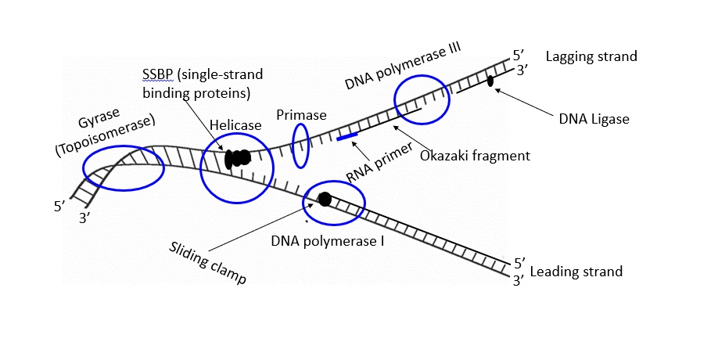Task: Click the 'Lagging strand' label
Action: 591,56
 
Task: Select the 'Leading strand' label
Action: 576,272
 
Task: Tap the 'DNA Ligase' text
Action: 594,119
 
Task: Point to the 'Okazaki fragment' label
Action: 475,155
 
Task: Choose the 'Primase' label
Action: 301,114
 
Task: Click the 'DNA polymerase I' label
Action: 328,241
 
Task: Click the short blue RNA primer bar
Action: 347,137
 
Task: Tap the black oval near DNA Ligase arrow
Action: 490,81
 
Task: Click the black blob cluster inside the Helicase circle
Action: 237,158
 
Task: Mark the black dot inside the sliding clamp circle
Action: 325,199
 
